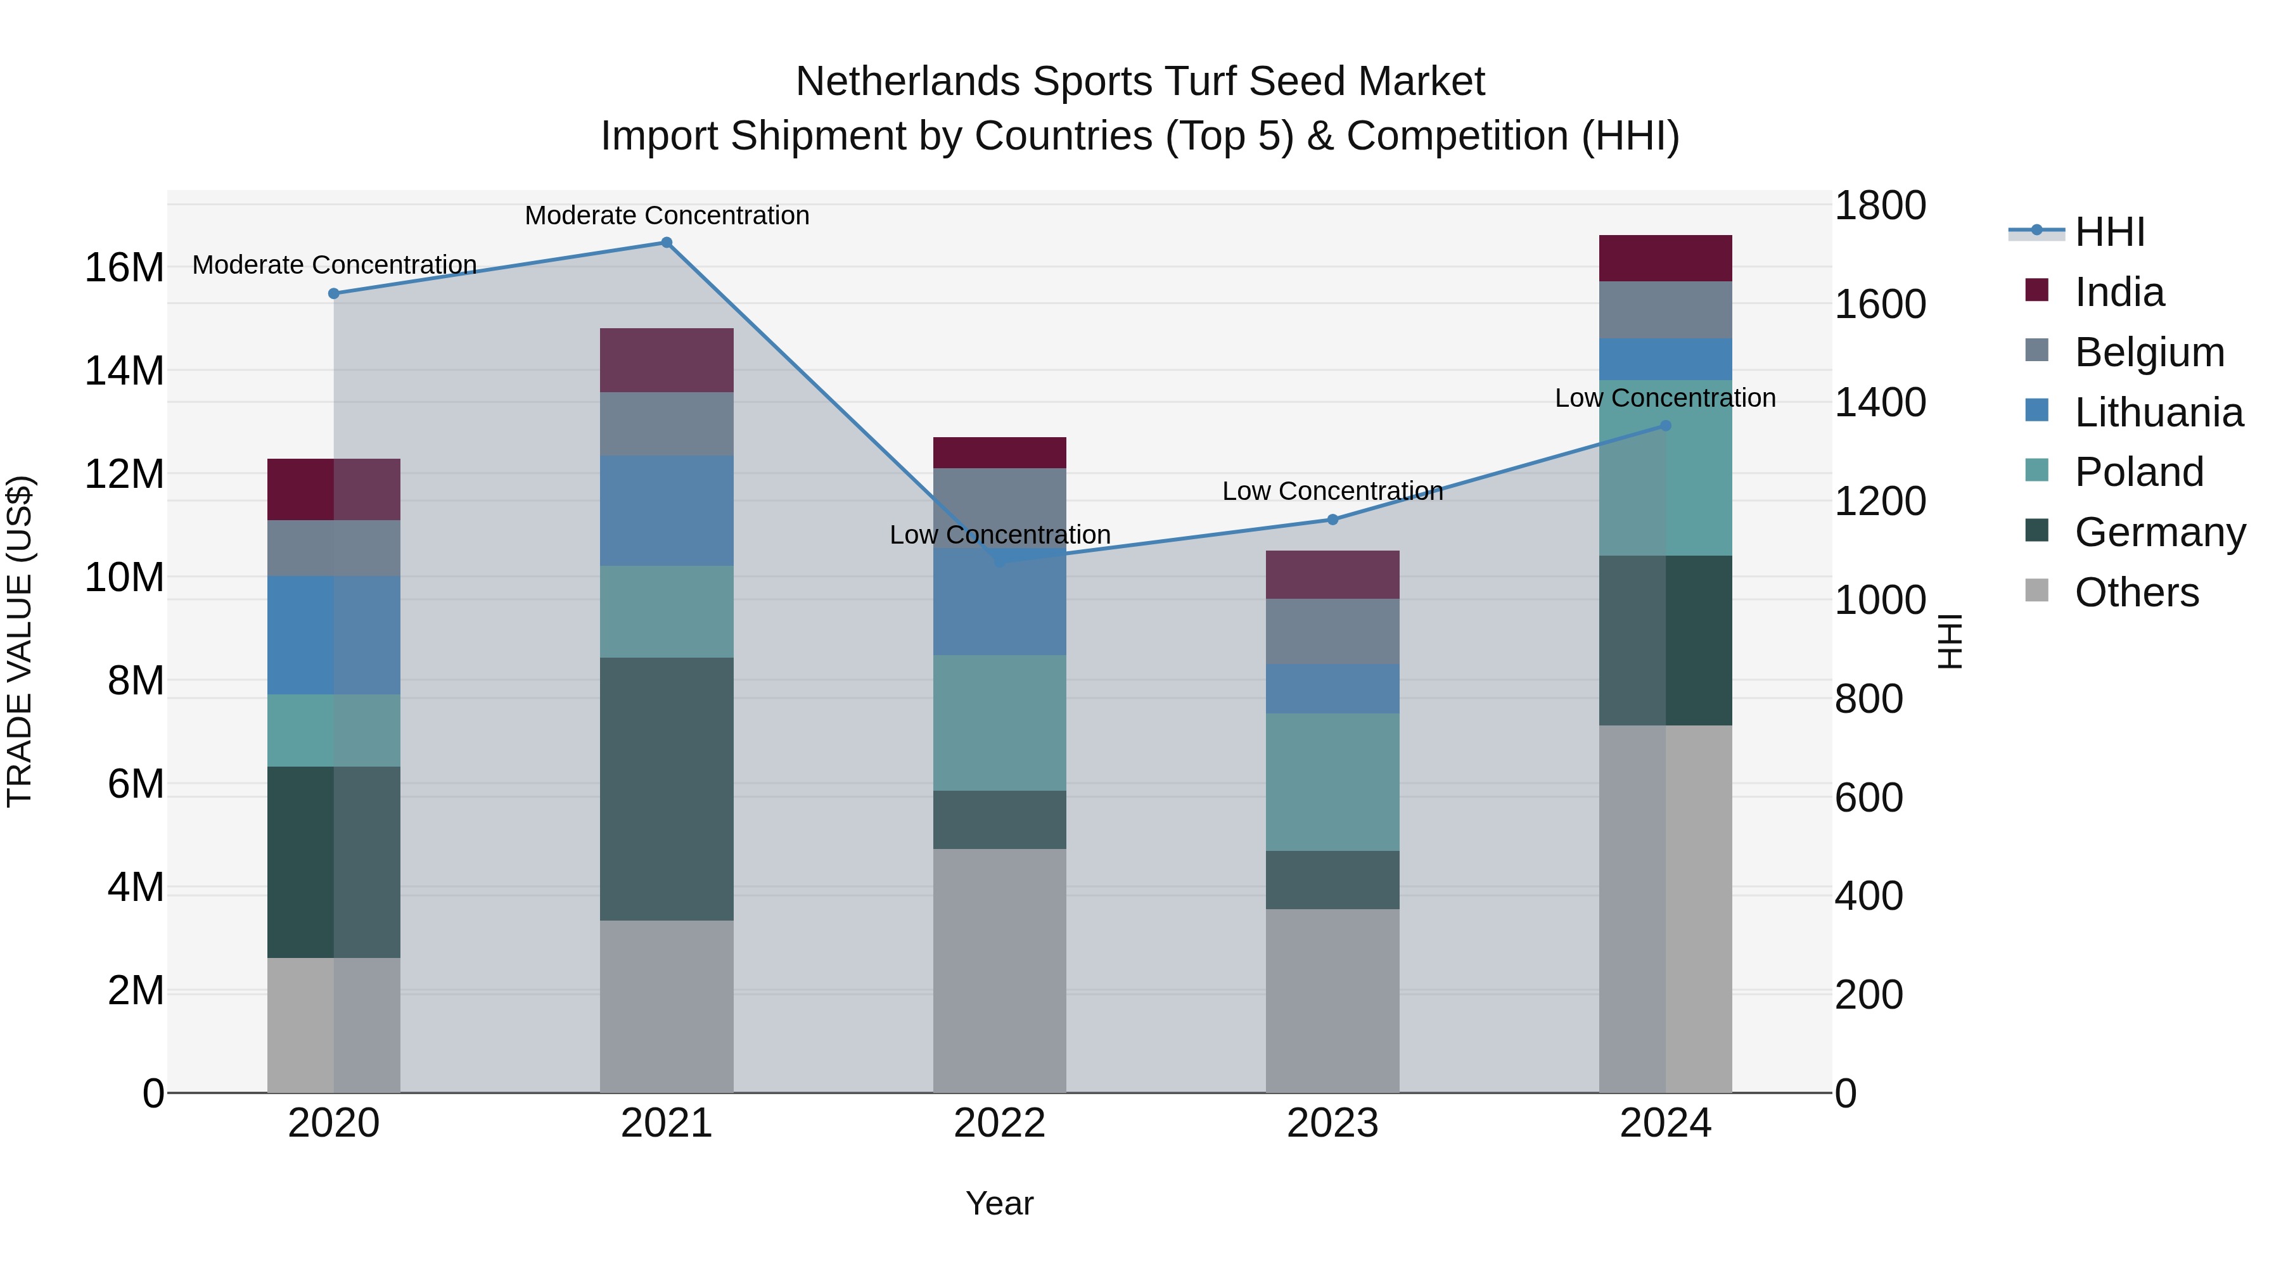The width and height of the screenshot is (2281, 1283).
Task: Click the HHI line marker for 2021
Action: (x=667, y=243)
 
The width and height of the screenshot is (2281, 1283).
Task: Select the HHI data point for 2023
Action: (x=1332, y=520)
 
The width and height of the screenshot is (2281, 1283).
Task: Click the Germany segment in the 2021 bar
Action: (x=667, y=788)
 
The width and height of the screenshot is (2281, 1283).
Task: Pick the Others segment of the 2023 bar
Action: (x=1332, y=1000)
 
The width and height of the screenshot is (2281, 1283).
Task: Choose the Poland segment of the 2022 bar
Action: (x=1000, y=722)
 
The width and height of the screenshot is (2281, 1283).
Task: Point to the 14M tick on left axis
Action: (x=124, y=371)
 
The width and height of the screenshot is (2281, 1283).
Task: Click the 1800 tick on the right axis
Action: (x=1880, y=205)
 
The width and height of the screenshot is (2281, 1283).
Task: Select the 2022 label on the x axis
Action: (x=1000, y=1123)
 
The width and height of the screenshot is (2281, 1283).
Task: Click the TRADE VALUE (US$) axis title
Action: (x=20, y=641)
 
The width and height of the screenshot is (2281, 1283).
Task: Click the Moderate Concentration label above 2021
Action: (x=667, y=215)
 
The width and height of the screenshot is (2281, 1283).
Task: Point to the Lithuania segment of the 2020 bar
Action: (x=334, y=635)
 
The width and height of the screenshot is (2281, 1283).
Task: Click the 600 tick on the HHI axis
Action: (x=1869, y=798)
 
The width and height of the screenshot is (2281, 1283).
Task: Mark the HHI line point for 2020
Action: (x=334, y=294)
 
